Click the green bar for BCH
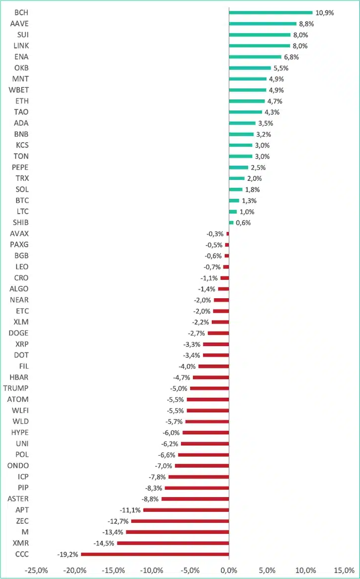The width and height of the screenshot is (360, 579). click(270, 12)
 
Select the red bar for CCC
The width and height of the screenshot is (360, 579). click(155, 554)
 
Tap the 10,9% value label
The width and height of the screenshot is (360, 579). click(325, 12)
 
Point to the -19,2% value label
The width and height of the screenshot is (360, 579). click(68, 554)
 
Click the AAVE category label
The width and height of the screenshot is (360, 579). click(19, 23)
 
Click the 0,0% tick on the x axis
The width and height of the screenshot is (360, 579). click(229, 570)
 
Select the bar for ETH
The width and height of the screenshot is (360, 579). click(247, 101)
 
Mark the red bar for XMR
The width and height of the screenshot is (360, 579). click(173, 543)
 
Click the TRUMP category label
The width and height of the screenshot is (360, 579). click(16, 388)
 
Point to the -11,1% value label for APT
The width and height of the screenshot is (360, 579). click(130, 510)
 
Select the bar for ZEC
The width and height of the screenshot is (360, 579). click(180, 521)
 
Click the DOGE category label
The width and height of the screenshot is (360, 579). click(19, 333)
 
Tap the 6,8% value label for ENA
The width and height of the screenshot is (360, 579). click(291, 57)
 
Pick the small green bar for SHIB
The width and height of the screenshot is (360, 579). click(231, 223)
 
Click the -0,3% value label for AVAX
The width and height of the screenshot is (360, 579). click(215, 234)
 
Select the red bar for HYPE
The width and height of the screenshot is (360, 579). click(205, 432)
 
